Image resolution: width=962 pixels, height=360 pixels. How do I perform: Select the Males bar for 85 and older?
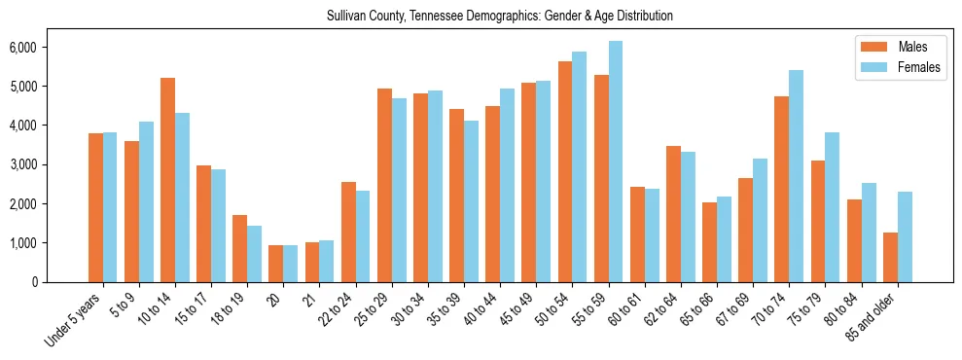coord(890,257)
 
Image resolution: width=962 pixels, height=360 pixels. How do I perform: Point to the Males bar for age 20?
coord(276,264)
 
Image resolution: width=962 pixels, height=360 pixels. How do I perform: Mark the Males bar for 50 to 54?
coord(565,171)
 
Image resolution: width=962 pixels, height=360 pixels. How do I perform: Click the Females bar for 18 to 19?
coord(255,254)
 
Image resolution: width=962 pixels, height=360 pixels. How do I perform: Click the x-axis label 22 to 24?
coord(337,310)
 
